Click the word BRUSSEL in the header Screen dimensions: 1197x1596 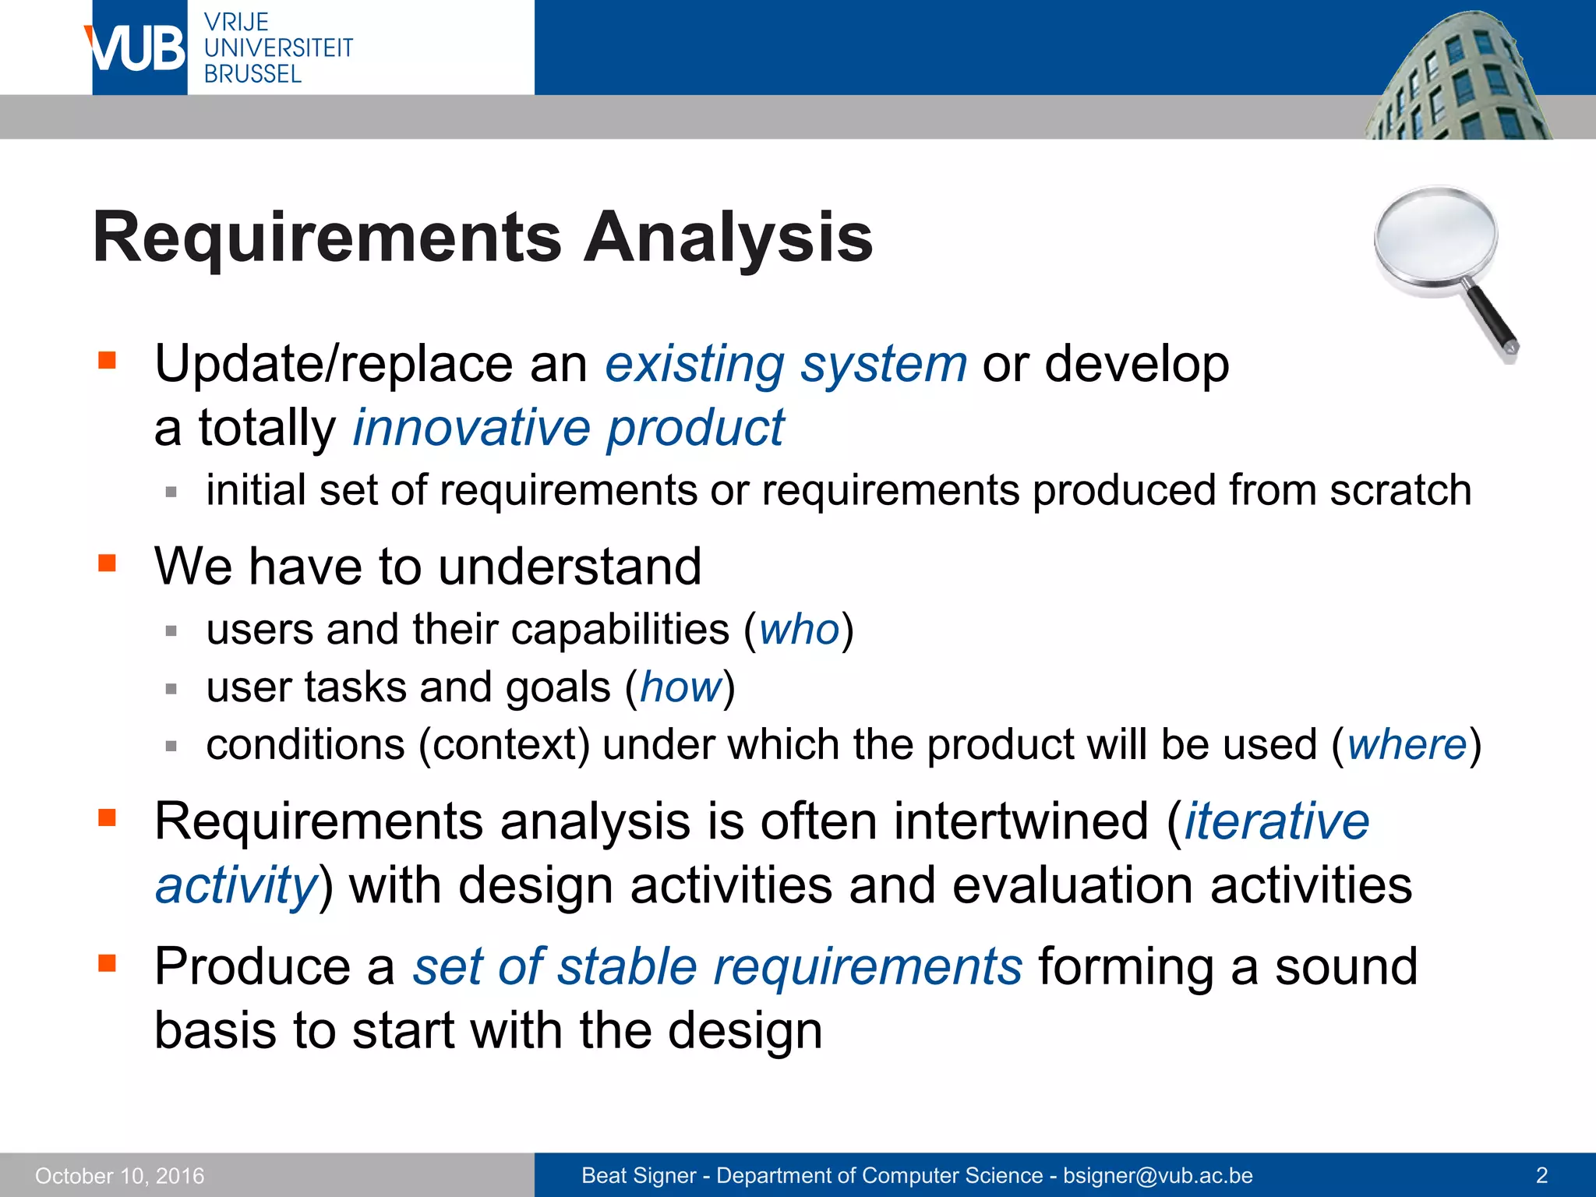pyautogui.click(x=252, y=75)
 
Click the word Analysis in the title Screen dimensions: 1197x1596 pyautogui.click(x=729, y=237)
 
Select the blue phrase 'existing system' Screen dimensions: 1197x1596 pyautogui.click(x=786, y=364)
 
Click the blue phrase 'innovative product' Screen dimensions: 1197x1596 pyautogui.click(x=568, y=428)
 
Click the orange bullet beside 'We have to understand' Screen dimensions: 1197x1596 pyautogui.click(x=107, y=563)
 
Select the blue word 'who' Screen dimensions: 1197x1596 pyautogui.click(x=799, y=630)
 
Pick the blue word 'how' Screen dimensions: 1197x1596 pyautogui.click(x=680, y=687)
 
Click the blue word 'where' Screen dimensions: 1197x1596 pyautogui.click(x=1407, y=745)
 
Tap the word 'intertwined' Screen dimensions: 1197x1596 pyautogui.click(x=1021, y=821)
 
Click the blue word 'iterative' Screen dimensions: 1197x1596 pyautogui.click(x=1276, y=821)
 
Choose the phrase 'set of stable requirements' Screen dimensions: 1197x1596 pyautogui.click(x=717, y=966)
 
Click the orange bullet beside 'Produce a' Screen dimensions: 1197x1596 pyautogui.click(x=107, y=964)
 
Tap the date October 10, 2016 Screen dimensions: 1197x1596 pyautogui.click(x=120, y=1176)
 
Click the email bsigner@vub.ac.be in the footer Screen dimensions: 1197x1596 pyautogui.click(x=1157, y=1176)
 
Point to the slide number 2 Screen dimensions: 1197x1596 pyautogui.click(x=1541, y=1175)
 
